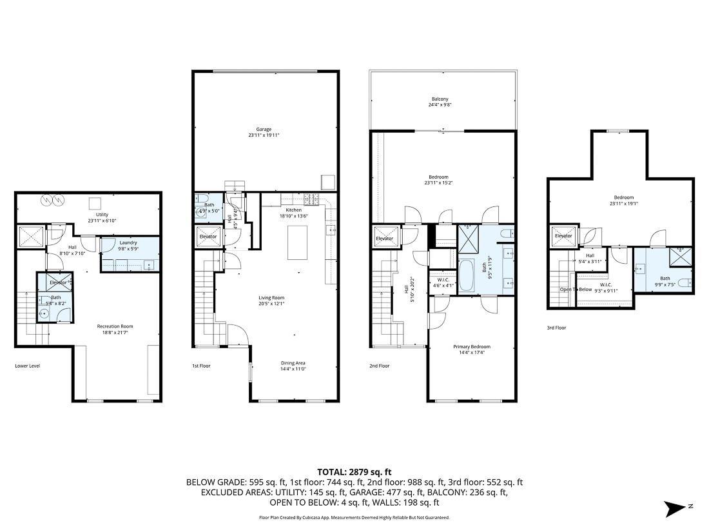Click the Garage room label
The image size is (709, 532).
pyautogui.click(x=264, y=129)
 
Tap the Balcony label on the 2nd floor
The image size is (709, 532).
pyautogui.click(x=440, y=99)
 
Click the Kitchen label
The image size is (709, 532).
pyautogui.click(x=293, y=210)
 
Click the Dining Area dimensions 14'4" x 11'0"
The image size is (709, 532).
pyautogui.click(x=293, y=369)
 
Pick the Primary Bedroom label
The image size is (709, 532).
pyautogui.click(x=471, y=346)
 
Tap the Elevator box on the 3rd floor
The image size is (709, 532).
pyautogui.click(x=563, y=236)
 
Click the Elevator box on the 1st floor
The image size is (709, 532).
pyautogui.click(x=208, y=237)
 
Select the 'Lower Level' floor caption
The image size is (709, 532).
pyautogui.click(x=28, y=366)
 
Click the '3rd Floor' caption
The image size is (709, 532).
pyautogui.click(x=556, y=328)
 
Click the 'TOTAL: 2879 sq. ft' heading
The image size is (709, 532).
pyautogui.click(x=354, y=471)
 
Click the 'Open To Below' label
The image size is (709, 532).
pyautogui.click(x=576, y=290)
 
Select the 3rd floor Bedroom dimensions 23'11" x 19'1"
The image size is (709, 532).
pyautogui.click(x=623, y=204)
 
